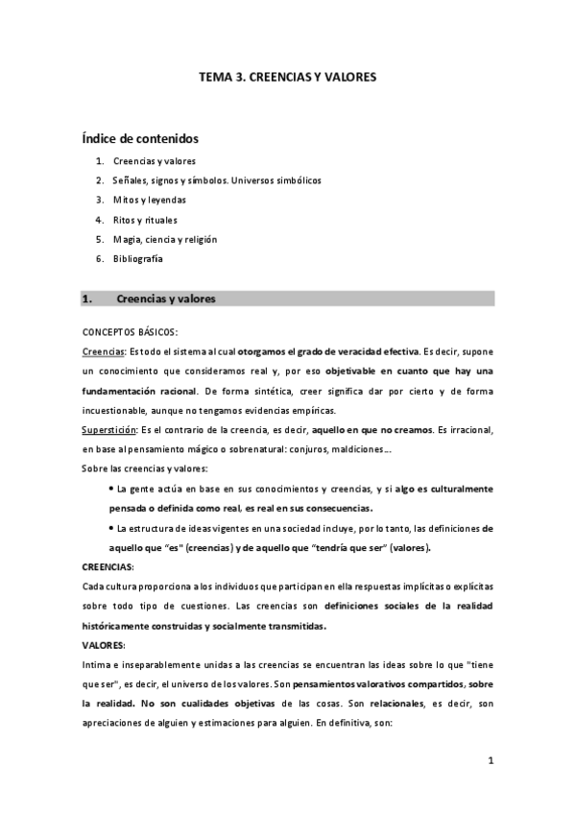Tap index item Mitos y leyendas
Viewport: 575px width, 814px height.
coord(150,200)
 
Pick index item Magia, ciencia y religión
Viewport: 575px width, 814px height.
coord(165,239)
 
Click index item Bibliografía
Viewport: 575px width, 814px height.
coord(138,259)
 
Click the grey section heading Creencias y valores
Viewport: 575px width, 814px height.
coord(166,299)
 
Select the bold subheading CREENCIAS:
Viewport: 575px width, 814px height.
coord(108,566)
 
